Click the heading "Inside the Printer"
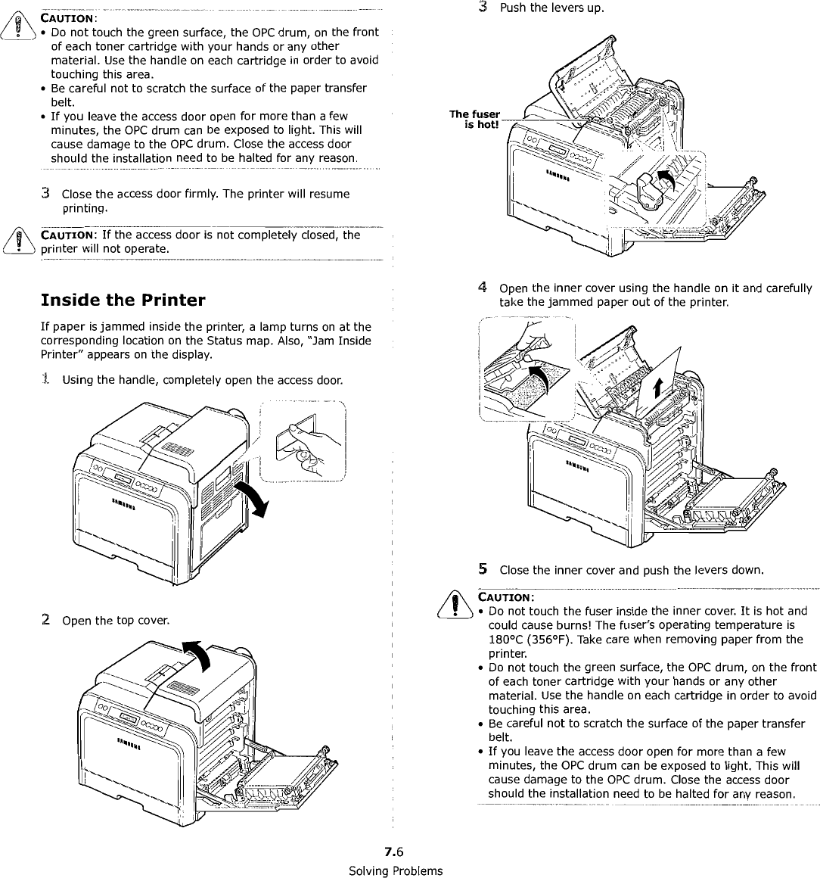point(123,300)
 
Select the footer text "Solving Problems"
point(395,870)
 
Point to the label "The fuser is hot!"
point(475,119)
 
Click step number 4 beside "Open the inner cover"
point(482,288)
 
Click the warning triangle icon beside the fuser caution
point(453,604)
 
